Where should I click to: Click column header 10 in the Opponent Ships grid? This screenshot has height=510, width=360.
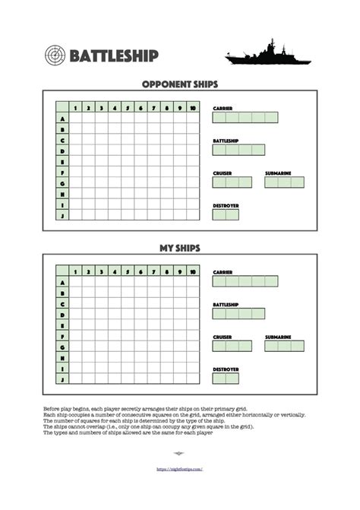pyautogui.click(x=194, y=108)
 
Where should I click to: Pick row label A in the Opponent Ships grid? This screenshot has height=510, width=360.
pyautogui.click(x=62, y=119)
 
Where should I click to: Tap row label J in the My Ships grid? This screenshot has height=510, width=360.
pyautogui.click(x=62, y=379)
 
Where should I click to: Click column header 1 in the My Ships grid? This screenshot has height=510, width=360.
pyautogui.click(x=76, y=271)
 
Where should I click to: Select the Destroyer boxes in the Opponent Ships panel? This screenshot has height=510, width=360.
pyautogui.click(x=226, y=215)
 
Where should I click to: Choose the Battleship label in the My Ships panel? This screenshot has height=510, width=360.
pyautogui.click(x=226, y=304)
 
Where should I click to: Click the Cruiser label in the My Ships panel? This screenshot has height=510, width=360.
pyautogui.click(x=222, y=337)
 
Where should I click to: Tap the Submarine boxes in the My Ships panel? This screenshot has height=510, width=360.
pyautogui.click(x=284, y=346)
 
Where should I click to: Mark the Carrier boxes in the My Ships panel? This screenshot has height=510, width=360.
pyautogui.click(x=245, y=280)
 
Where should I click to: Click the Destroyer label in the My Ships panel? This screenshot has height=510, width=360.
pyautogui.click(x=226, y=369)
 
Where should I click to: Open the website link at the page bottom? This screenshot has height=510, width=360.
pyautogui.click(x=179, y=469)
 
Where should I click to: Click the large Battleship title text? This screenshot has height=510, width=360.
pyautogui.click(x=114, y=56)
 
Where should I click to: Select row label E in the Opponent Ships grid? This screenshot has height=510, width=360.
pyautogui.click(x=62, y=162)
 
